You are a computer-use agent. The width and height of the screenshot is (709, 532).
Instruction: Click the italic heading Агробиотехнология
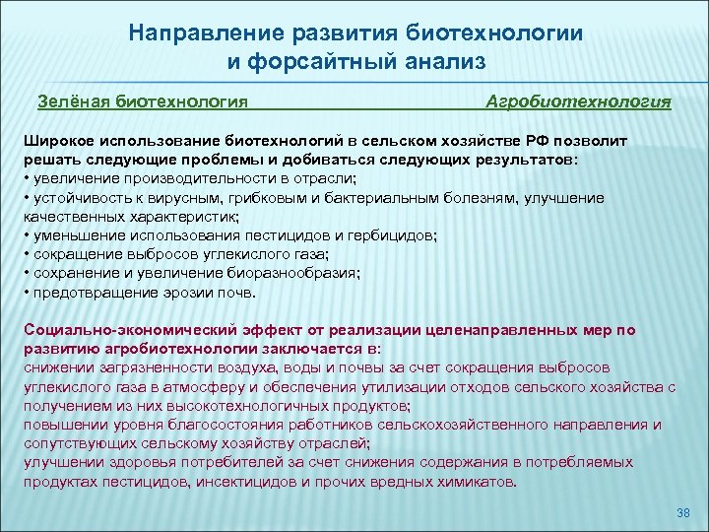click(579, 100)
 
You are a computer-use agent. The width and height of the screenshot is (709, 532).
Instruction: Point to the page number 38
click(684, 514)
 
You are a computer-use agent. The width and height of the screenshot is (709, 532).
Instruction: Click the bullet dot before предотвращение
click(26, 293)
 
